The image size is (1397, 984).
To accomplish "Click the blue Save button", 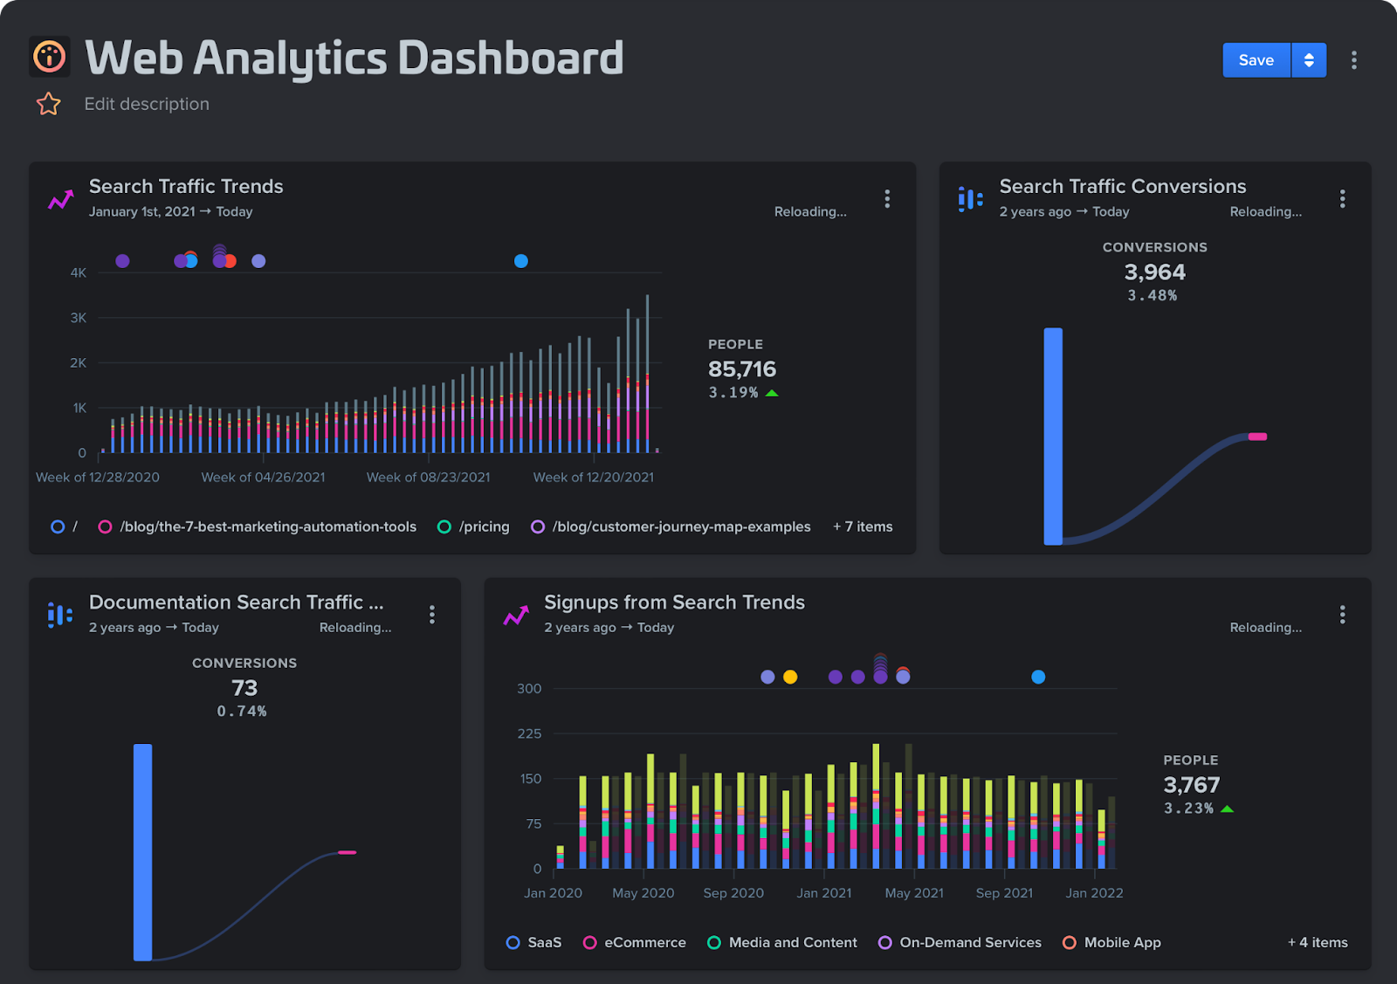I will (x=1256, y=60).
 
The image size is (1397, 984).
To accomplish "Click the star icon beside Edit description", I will (x=49, y=104).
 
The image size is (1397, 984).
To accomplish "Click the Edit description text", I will (x=147, y=104).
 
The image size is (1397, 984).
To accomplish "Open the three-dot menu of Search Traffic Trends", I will (x=887, y=199).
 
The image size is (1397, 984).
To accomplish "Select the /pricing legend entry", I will (x=484, y=526).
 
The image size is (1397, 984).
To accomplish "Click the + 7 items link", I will (x=863, y=526).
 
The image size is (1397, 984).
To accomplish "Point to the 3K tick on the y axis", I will (x=79, y=318).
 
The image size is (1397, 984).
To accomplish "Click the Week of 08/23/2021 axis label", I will (x=428, y=477).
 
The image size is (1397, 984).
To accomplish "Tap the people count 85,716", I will (x=741, y=369).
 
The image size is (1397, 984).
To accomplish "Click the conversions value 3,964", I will (x=1154, y=272).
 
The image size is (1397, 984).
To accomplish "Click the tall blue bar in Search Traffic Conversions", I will (x=1053, y=437).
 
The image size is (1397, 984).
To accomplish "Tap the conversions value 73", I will (x=244, y=688).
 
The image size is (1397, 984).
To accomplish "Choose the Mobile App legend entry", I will (x=1122, y=942).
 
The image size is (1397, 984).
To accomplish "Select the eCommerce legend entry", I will (x=644, y=942).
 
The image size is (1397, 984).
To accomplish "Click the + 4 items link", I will (x=1318, y=942).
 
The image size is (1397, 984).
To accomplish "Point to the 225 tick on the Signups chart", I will (x=529, y=733).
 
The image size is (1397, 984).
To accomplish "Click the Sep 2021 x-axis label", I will (x=1004, y=892).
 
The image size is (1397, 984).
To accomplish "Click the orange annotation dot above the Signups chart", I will (x=790, y=677).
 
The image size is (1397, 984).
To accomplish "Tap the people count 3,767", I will (x=1191, y=785).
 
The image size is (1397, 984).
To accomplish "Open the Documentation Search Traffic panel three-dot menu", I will (x=432, y=615).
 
